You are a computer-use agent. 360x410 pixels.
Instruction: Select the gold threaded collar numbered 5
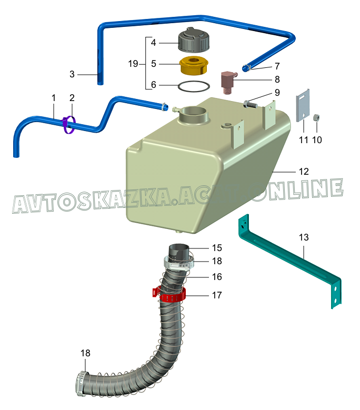pos(195,66)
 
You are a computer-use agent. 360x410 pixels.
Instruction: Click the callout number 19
pos(133,64)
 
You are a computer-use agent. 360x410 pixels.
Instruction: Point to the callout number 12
pos(304,172)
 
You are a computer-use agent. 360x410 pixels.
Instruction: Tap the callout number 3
pos(73,74)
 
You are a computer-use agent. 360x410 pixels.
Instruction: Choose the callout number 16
pos(217,277)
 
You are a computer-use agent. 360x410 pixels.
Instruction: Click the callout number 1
pos(53,97)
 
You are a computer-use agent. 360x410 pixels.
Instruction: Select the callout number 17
pos(217,295)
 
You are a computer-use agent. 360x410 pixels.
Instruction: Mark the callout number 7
pos(276,66)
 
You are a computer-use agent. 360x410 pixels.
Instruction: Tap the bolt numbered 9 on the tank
pos(250,105)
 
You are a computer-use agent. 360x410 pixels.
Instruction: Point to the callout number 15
pos(217,248)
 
